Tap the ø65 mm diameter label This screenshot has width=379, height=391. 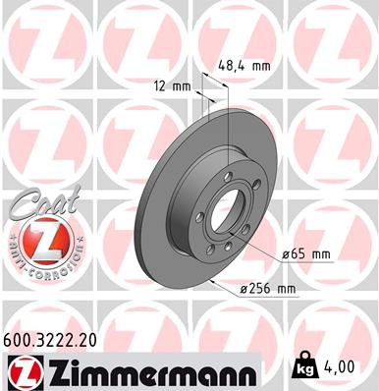(307, 254)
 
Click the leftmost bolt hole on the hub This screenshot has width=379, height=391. (200, 218)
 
